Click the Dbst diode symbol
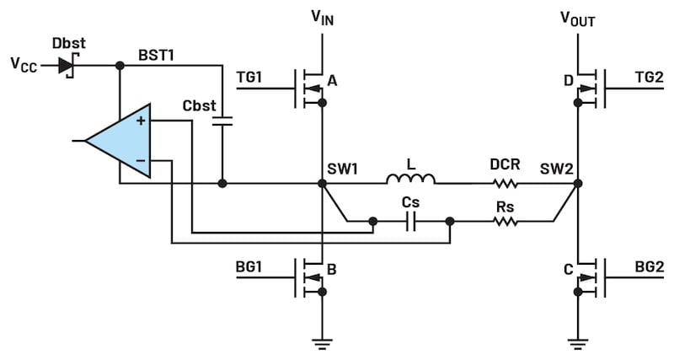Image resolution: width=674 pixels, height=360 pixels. pyautogui.click(x=66, y=65)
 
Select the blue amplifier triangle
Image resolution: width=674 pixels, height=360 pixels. pyautogui.click(x=123, y=141)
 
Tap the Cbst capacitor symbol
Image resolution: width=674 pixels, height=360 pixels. pyautogui.click(x=222, y=121)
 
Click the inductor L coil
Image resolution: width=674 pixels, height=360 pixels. pyautogui.click(x=410, y=180)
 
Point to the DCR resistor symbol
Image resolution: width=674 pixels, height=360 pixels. pyautogui.click(x=506, y=182)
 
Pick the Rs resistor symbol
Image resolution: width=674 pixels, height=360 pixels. pyautogui.click(x=506, y=222)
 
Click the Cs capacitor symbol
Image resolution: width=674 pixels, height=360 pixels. pyautogui.click(x=412, y=222)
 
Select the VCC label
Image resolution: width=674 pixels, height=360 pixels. pyautogui.click(x=24, y=65)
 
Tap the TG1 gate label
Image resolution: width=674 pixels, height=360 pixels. pyautogui.click(x=250, y=76)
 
